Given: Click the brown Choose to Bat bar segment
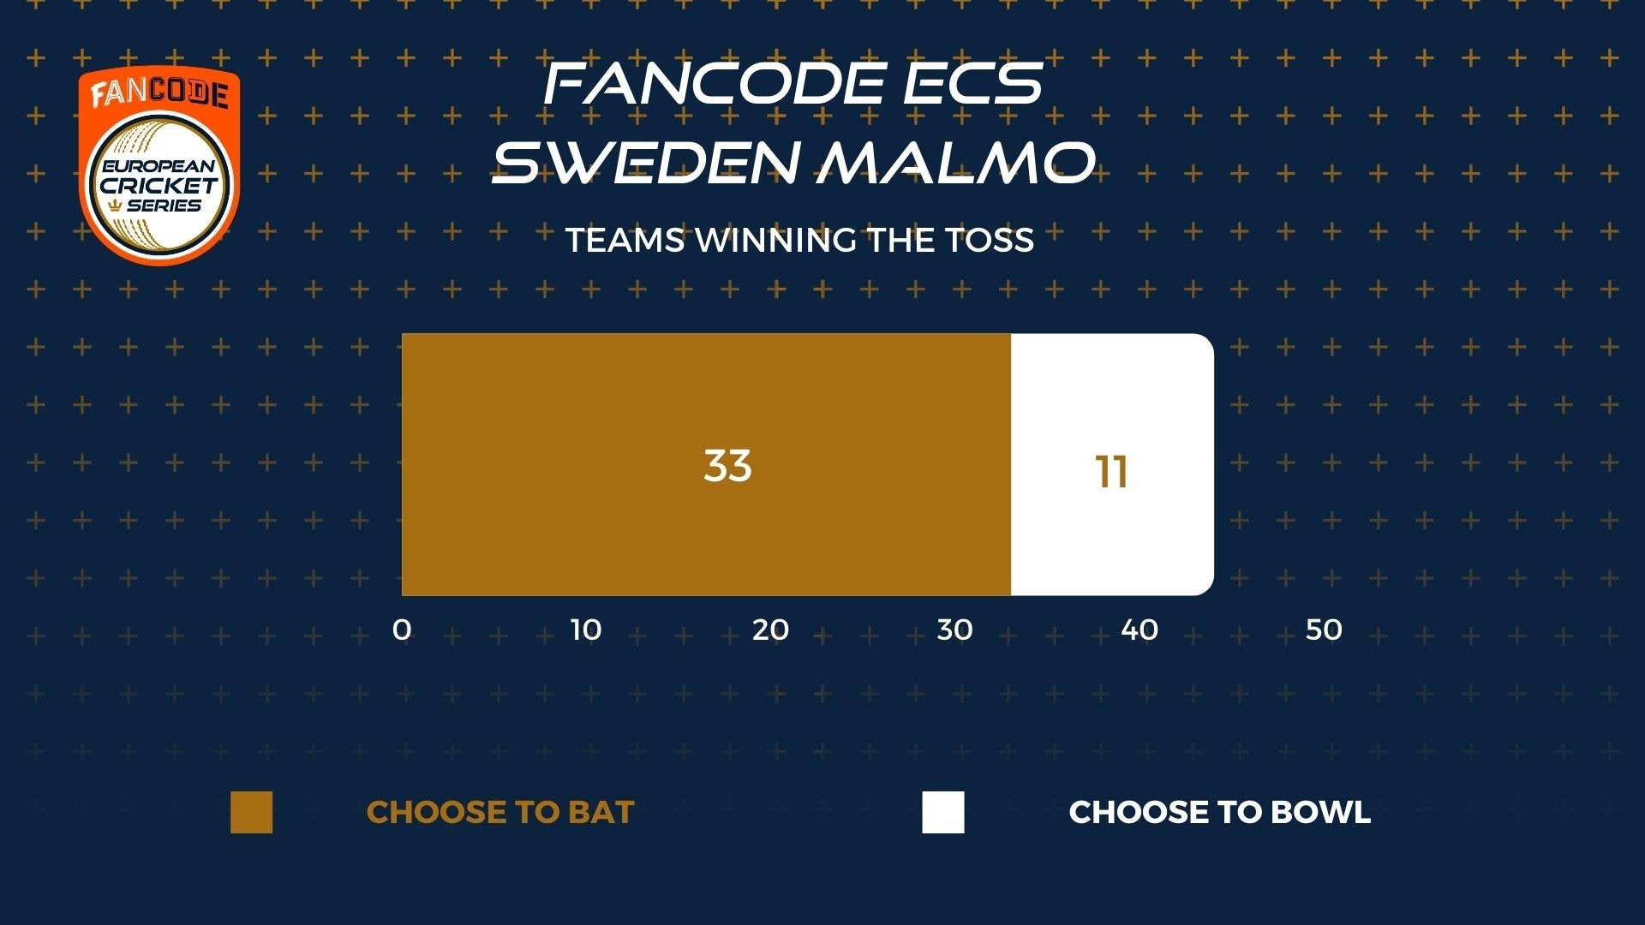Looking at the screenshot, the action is pyautogui.click(x=706, y=464).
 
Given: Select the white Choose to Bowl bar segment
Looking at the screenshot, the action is pyautogui.click(x=1112, y=464).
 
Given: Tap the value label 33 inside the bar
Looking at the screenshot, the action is pyautogui.click(x=727, y=466).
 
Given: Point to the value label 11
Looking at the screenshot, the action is pyautogui.click(x=1112, y=472).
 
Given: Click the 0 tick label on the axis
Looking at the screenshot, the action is pyautogui.click(x=402, y=630).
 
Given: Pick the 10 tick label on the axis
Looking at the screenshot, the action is pyautogui.click(x=586, y=630).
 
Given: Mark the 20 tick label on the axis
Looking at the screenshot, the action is pyautogui.click(x=770, y=630).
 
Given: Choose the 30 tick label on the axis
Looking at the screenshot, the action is pyautogui.click(x=954, y=630).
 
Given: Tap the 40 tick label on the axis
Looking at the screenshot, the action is pyautogui.click(x=1140, y=630).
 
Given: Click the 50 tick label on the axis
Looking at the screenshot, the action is pyautogui.click(x=1324, y=630).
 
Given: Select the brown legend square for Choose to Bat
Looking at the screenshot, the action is pyautogui.click(x=251, y=812).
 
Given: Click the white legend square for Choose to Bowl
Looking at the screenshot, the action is pyautogui.click(x=943, y=812).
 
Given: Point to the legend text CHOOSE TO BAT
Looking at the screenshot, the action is pyautogui.click(x=500, y=812).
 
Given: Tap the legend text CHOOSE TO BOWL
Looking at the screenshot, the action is pyautogui.click(x=1220, y=812).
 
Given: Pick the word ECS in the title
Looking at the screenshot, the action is pyautogui.click(x=968, y=83).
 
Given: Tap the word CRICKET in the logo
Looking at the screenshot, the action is pyautogui.click(x=159, y=185).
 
